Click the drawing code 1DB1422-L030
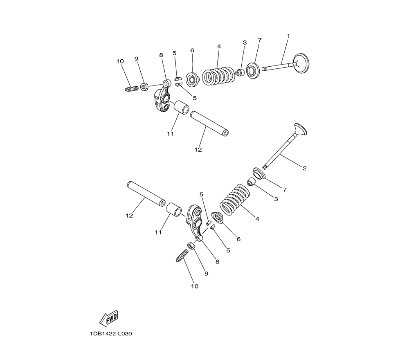[x=111, y=334]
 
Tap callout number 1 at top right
[x=288, y=36]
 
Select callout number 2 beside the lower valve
[x=304, y=168]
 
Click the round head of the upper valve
[x=301, y=63]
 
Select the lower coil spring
[x=235, y=200]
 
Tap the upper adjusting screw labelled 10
[x=131, y=89]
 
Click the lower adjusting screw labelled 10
[x=182, y=256]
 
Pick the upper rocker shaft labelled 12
[x=209, y=124]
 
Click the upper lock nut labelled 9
[x=144, y=86]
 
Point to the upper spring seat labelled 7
[x=253, y=70]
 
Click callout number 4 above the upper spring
[x=219, y=47]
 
